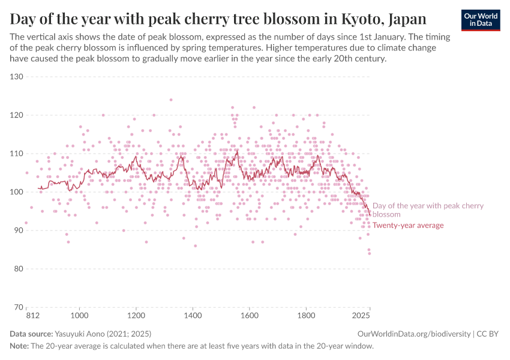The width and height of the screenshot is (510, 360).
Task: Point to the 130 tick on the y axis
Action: pos(16,77)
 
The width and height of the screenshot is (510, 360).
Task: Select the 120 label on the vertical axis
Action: pos(16,115)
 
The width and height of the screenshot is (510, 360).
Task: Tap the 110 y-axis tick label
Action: pos(16,154)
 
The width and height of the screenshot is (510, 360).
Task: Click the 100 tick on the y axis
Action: pos(16,192)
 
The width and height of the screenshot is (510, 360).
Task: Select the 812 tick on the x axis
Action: pos(26,315)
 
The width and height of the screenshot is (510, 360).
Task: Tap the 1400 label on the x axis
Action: pos(193,315)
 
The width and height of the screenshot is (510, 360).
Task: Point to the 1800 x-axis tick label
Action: pos(306,315)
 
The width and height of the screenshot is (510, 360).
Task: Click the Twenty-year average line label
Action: pos(408,226)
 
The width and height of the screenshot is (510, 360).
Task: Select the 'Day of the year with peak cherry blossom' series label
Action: pos(427,210)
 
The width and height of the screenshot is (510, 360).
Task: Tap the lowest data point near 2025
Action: pos(370,253)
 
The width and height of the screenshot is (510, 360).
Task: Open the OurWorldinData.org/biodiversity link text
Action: pos(413,334)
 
